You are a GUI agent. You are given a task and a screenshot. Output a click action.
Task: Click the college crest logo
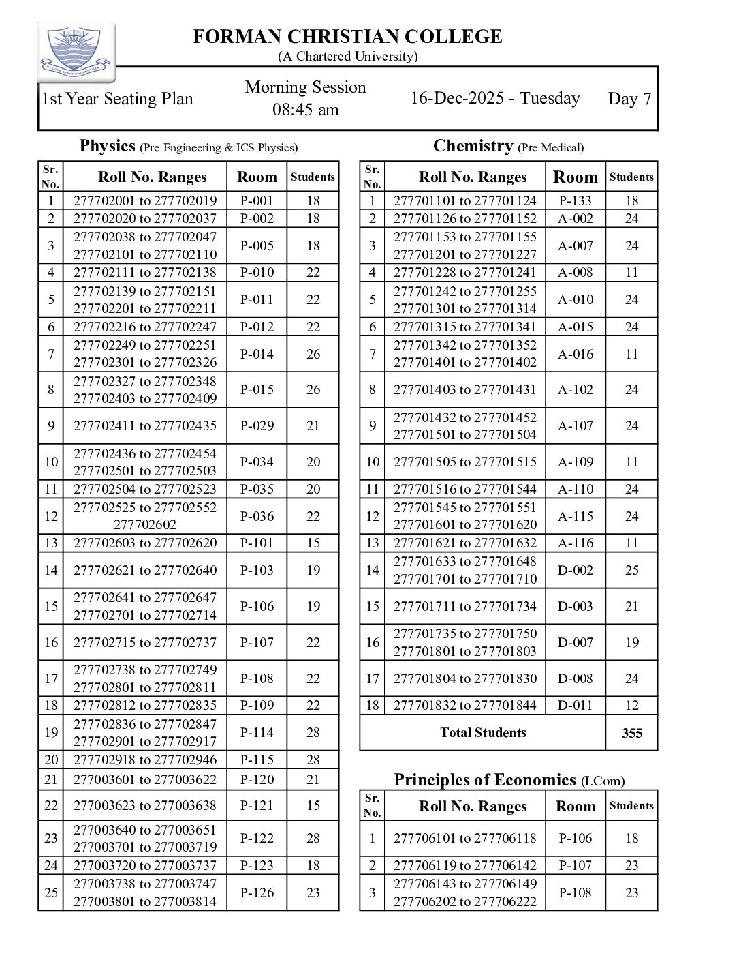(76, 52)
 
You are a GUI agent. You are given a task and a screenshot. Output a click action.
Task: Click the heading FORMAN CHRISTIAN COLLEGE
(347, 37)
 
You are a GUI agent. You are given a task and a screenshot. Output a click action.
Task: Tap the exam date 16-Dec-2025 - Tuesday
(494, 98)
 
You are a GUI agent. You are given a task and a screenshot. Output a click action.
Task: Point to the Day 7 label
(629, 99)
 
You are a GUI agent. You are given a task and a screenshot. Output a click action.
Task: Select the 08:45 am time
(306, 110)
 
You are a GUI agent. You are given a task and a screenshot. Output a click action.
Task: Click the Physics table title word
(107, 146)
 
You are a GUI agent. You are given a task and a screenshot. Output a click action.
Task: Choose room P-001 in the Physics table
(257, 200)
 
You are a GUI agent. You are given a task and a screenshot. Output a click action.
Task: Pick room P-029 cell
(257, 425)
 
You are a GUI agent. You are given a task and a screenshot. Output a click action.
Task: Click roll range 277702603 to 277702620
(145, 543)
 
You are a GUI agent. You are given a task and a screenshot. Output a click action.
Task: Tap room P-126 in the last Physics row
(257, 892)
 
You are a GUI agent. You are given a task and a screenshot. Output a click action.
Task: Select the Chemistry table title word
(473, 146)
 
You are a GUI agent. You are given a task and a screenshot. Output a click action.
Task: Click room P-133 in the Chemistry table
(576, 200)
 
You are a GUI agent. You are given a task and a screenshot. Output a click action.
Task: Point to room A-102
(576, 389)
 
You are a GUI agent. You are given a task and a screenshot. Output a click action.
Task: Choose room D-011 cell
(576, 705)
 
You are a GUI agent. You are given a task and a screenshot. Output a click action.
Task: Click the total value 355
(632, 733)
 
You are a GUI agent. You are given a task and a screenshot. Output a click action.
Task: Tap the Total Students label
(483, 733)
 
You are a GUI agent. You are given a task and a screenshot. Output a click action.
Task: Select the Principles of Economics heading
(485, 780)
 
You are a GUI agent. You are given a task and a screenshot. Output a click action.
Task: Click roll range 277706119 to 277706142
(465, 865)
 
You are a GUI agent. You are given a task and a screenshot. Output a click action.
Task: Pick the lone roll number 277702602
(145, 524)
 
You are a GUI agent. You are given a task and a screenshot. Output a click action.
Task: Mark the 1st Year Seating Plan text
(117, 99)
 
